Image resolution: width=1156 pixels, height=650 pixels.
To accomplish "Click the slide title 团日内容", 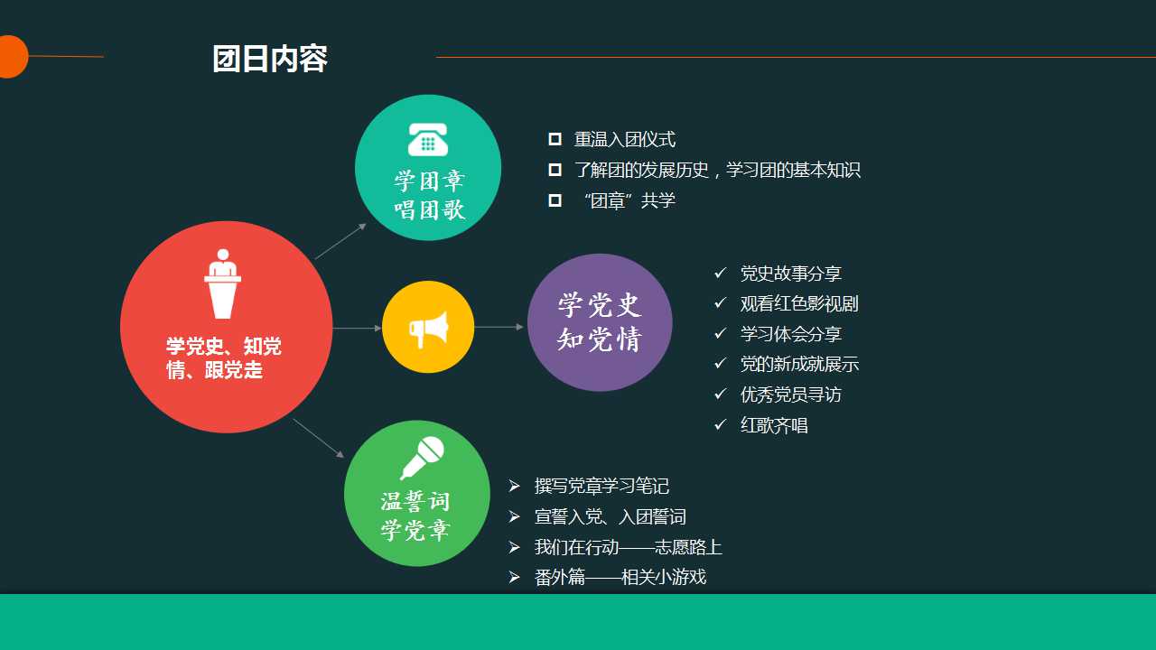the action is (270, 59).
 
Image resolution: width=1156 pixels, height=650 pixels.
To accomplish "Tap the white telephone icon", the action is (428, 139).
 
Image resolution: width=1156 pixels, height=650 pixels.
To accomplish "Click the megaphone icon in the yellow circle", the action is (428, 330).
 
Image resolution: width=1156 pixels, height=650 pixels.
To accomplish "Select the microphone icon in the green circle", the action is (422, 458).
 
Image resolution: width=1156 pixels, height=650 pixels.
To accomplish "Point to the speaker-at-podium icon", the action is (222, 283).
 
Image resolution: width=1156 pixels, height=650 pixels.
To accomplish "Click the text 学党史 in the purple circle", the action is (600, 305).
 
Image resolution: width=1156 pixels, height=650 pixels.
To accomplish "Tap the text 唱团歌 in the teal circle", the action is (429, 210).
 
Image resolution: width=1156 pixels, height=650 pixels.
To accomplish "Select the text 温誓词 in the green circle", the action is (415, 501).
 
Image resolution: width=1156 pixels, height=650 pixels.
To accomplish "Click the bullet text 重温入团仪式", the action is (624, 139).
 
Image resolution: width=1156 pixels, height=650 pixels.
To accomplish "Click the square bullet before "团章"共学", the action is (555, 200).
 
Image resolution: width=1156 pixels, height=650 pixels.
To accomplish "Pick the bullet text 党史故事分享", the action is (790, 274).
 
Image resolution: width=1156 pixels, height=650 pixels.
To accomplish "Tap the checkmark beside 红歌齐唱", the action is (721, 424).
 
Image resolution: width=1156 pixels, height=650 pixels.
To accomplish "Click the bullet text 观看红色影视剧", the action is (799, 304).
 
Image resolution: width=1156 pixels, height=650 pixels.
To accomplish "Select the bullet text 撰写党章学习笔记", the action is (601, 486).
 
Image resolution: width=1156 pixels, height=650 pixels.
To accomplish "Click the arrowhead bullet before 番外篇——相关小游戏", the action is (514, 577).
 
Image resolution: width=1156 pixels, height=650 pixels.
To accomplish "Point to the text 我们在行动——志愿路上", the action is (628, 547).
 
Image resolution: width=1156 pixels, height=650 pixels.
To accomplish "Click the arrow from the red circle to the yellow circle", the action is (357, 328).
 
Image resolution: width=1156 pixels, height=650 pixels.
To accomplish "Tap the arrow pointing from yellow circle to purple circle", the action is (499, 327).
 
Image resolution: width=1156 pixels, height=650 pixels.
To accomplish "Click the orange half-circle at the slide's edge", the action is (13, 57).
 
